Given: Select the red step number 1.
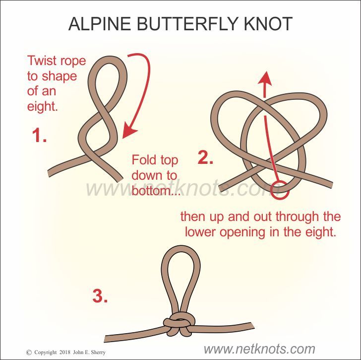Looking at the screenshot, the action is click(40, 136).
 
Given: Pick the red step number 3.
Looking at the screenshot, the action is click(100, 296).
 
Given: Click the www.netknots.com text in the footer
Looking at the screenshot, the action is click(259, 349).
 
